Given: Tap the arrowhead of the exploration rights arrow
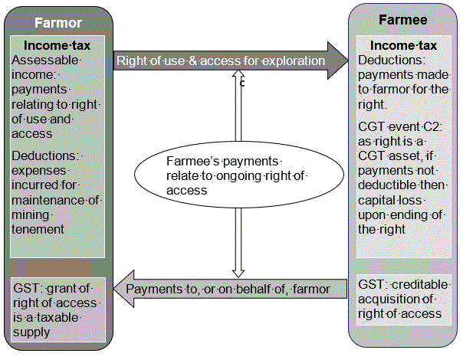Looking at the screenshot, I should [337, 60].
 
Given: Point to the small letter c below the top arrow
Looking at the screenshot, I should [242, 83].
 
